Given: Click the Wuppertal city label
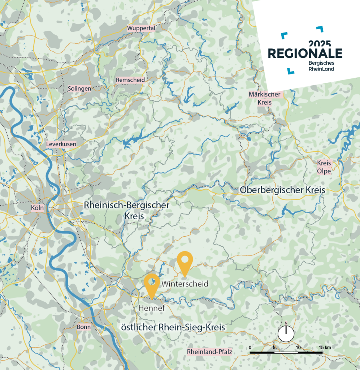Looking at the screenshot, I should tap(141, 28).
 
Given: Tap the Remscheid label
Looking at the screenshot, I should tap(130, 80).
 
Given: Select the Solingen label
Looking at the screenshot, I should tap(79, 89).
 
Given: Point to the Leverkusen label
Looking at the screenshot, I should tap(61, 144).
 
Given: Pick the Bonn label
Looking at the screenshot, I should tap(83, 327).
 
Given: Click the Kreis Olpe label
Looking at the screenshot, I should tap(324, 167).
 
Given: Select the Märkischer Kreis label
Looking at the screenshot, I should tap(265, 98).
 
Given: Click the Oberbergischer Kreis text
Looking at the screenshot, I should tap(283, 190).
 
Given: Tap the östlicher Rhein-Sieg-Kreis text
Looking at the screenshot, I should tap(173, 327).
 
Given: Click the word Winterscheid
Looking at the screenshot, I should tap(185, 284).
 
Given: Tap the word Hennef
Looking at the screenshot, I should tap(152, 308).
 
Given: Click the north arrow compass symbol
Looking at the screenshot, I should tap(286, 333).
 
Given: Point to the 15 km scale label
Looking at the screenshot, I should tap(325, 347).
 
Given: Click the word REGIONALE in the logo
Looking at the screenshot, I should tap(305, 54).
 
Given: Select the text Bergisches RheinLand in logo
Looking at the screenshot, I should tap(321, 66).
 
